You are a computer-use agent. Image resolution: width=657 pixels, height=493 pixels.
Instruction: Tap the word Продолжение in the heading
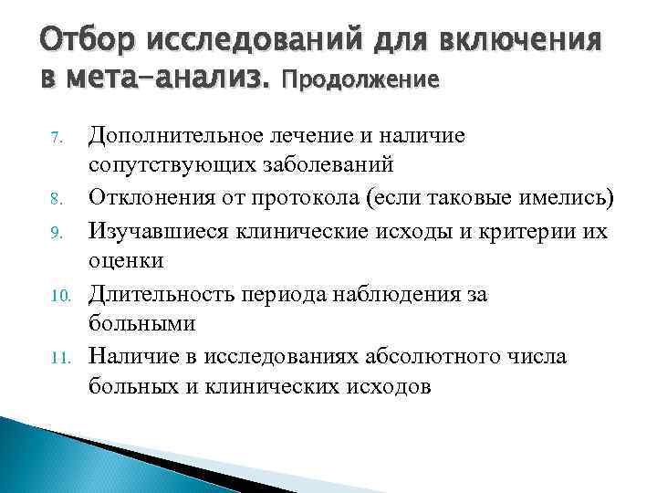[x=362, y=80]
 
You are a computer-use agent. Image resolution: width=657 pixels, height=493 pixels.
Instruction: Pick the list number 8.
[x=56, y=197]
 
